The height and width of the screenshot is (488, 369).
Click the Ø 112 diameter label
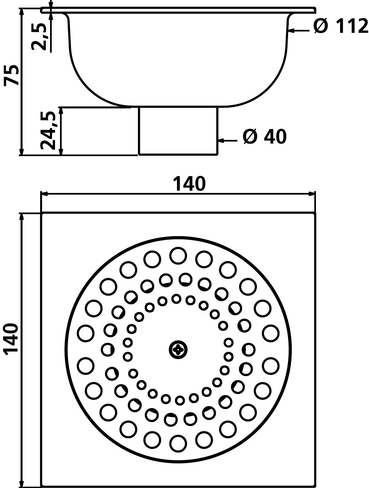coord(341,26)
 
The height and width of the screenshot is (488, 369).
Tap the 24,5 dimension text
coord(47,131)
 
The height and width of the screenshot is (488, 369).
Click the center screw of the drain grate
coord(178,349)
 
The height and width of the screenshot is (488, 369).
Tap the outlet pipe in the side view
coord(178,131)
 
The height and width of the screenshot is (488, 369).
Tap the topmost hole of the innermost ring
coord(176,299)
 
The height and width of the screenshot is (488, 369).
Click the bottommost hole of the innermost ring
coord(180,400)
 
